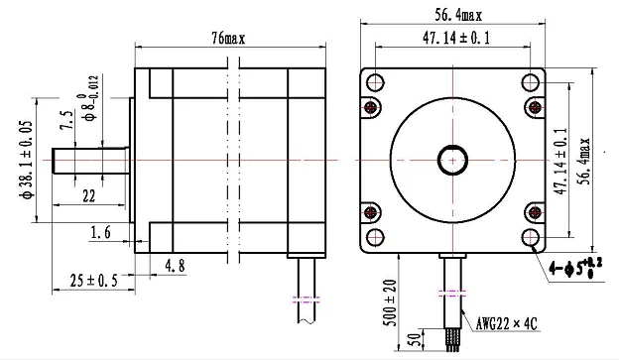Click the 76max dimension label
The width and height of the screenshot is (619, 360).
[x=228, y=38]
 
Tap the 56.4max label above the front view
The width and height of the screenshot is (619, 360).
[x=458, y=15]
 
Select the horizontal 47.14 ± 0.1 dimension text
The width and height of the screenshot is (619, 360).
[x=456, y=38]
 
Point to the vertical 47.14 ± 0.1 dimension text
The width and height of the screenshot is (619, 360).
[x=561, y=161]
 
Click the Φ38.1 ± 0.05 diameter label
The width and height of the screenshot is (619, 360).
[x=27, y=159]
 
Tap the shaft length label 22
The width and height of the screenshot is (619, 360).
[x=88, y=195]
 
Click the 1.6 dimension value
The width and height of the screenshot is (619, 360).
[x=100, y=232]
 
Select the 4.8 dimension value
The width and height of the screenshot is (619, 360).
[x=175, y=265]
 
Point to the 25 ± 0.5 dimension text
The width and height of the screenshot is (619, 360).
[x=94, y=281]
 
